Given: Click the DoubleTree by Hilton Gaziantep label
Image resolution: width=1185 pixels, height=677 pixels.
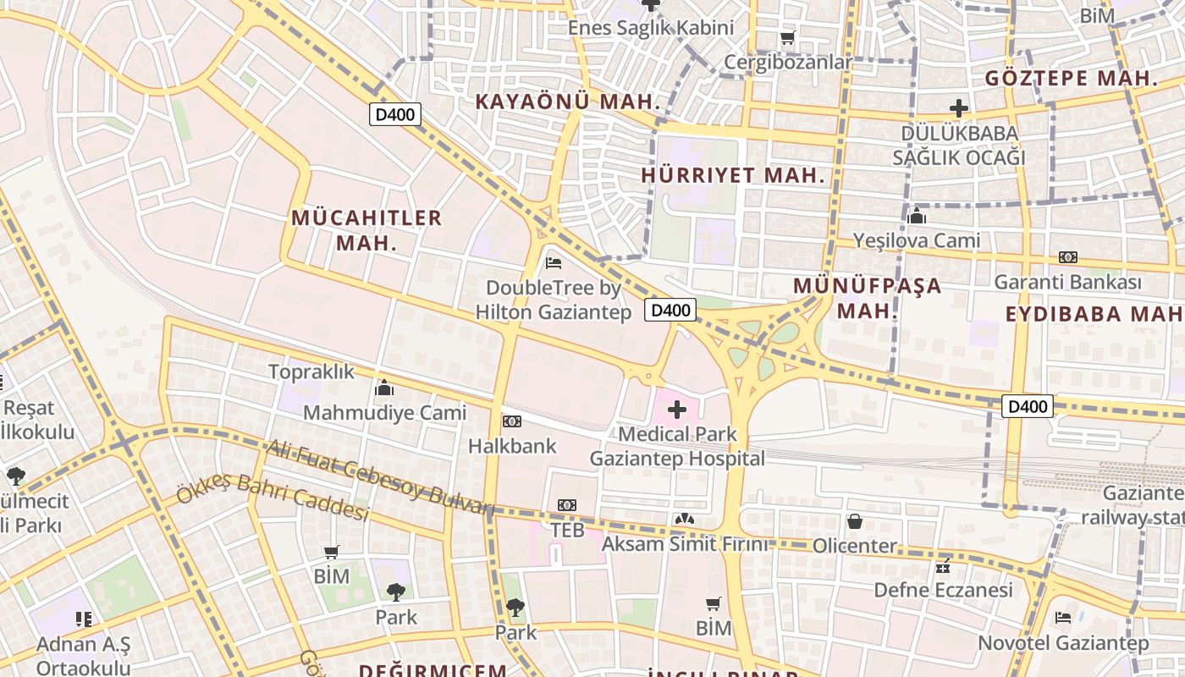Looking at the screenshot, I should click(x=554, y=300).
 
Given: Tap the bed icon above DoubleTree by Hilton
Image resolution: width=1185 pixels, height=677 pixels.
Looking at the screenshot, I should click(x=554, y=263).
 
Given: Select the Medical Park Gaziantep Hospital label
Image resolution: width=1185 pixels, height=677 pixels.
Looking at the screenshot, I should click(x=677, y=447).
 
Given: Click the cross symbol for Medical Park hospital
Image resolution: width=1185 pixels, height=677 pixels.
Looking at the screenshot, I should click(x=677, y=410).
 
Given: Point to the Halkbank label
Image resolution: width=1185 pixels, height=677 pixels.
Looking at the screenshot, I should click(x=512, y=446).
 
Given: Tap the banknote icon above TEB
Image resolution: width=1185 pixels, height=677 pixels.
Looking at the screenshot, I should click(x=567, y=505).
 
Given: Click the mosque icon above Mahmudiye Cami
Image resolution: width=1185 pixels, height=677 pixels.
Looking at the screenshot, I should click(x=384, y=388).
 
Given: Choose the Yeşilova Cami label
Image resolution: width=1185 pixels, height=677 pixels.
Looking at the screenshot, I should click(x=917, y=240).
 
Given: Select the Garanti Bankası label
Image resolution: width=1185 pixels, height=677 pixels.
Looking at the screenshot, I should click(x=1068, y=282).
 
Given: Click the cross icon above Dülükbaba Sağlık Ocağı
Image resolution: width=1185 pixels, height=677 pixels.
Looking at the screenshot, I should click(x=958, y=108).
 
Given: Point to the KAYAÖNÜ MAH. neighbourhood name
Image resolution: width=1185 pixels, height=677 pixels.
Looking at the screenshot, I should click(x=567, y=102).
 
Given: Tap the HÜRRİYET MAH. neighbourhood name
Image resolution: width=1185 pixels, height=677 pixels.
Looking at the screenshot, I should click(x=733, y=176).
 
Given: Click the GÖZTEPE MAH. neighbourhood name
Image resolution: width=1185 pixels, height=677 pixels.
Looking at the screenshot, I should click(x=1072, y=79).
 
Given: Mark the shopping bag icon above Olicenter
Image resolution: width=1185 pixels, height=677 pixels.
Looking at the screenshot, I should click(x=855, y=521).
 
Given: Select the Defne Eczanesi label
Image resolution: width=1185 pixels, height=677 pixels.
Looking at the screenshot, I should click(x=943, y=590).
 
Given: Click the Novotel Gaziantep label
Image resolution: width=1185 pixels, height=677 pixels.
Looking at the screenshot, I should click(x=1064, y=643).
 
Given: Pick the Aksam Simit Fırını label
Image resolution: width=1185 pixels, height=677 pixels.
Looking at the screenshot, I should click(x=686, y=544).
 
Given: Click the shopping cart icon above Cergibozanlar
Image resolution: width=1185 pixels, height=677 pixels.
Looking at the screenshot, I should click(x=787, y=38).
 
